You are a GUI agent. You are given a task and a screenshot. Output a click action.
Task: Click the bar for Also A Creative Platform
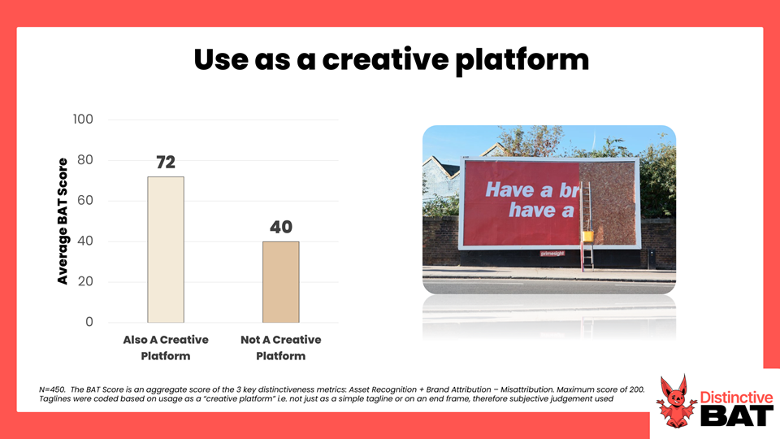point(166,250)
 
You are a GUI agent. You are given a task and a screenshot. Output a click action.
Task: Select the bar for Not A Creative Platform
point(281,282)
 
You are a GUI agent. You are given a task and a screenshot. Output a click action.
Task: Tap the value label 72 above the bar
point(166,163)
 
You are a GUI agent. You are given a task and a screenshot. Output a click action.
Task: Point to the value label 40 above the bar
point(281,227)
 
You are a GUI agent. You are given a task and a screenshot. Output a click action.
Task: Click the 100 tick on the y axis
point(83,120)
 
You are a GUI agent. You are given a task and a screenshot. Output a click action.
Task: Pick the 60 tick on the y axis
point(85,201)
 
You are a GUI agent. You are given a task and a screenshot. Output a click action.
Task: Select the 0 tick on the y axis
point(89,322)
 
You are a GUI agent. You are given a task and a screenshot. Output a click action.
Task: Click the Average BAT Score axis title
point(63,221)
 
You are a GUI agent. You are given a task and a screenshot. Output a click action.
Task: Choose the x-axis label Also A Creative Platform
point(166,347)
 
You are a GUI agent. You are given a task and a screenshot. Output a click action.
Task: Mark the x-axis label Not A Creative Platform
point(281,347)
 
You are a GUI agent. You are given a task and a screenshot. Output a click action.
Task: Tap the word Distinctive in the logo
point(736,398)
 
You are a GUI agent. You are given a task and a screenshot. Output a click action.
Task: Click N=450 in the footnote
point(52,389)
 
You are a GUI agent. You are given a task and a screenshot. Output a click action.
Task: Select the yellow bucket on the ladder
point(588,236)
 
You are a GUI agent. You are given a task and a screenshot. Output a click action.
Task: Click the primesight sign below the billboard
point(552,254)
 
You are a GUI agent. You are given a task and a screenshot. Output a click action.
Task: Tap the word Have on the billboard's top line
point(509,190)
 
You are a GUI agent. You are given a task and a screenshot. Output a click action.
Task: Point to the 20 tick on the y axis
point(85,282)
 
